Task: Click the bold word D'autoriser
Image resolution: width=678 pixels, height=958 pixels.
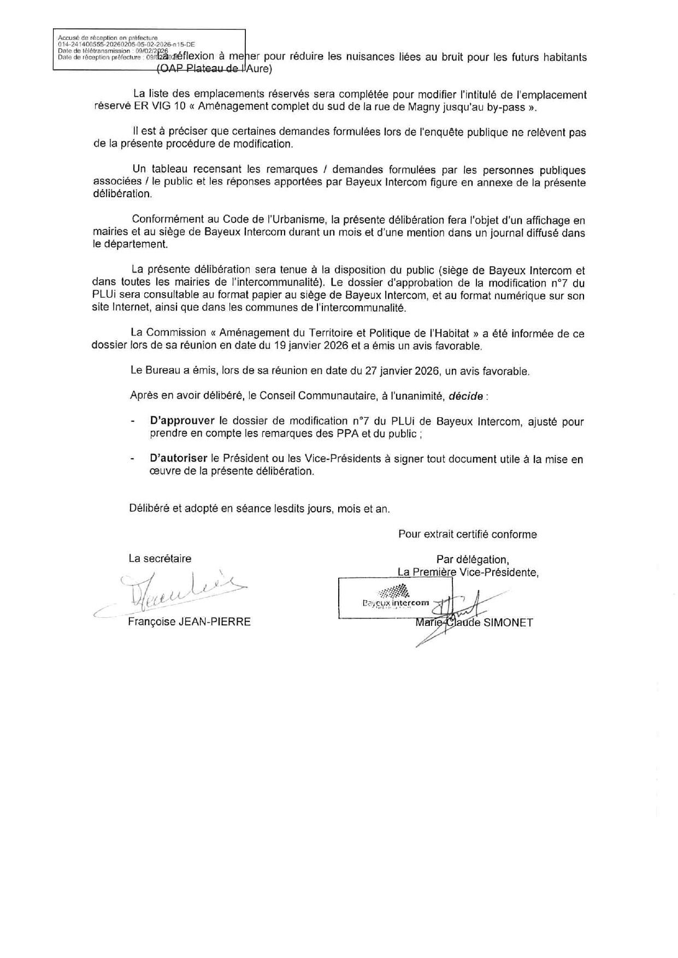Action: (179, 459)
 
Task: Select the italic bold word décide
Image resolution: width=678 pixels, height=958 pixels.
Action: (466, 397)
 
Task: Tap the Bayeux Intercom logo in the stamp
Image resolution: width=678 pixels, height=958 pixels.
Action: (396, 598)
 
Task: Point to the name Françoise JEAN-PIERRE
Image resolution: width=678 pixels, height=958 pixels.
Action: (189, 622)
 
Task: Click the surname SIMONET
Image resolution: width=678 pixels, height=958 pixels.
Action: (508, 623)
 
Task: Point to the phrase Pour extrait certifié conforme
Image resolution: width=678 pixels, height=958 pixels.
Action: (467, 535)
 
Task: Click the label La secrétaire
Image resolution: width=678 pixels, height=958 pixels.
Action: (160, 559)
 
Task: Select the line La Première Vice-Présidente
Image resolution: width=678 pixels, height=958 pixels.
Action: (468, 572)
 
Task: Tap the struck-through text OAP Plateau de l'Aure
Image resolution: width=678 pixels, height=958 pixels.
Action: (214, 69)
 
